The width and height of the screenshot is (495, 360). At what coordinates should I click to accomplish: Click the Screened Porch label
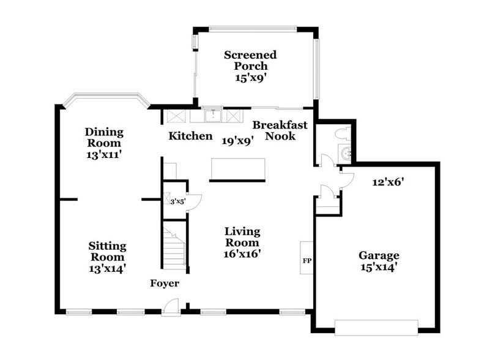pos(250,66)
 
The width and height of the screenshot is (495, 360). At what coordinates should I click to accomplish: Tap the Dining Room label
pos(104,143)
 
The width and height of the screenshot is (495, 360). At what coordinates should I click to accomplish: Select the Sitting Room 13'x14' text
pos(106,257)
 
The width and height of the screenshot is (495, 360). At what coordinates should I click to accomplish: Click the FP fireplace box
pos(307,261)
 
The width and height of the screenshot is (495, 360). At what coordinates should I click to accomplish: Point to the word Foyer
pos(165,283)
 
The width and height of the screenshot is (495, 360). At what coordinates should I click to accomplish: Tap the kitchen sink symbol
pos(214,115)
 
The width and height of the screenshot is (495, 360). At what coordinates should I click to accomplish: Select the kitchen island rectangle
pos(237,170)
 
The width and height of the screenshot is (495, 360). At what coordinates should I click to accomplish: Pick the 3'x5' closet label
pos(177,200)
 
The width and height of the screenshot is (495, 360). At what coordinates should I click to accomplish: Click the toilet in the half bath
pos(341,133)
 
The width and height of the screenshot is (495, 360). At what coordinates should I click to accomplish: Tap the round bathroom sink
pos(346,154)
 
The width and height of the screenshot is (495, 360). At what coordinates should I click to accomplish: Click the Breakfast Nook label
pos(280,130)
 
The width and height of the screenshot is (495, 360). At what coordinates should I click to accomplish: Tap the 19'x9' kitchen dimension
pos(237,141)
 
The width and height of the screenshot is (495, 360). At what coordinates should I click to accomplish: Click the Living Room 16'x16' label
pos(242,242)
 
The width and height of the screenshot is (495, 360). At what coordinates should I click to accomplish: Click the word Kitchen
pos(190,136)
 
